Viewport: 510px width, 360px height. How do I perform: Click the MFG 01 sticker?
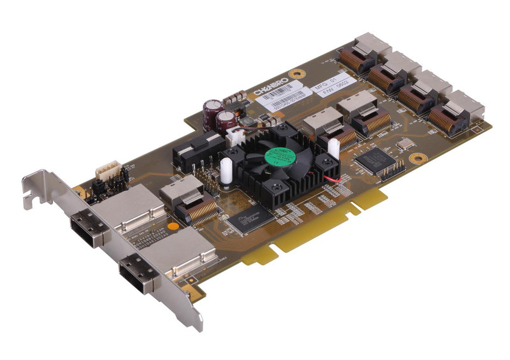tap(328, 82)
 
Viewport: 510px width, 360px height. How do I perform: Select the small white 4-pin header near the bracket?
tap(105, 171)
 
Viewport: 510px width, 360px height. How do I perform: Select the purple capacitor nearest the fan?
tap(227, 121)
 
